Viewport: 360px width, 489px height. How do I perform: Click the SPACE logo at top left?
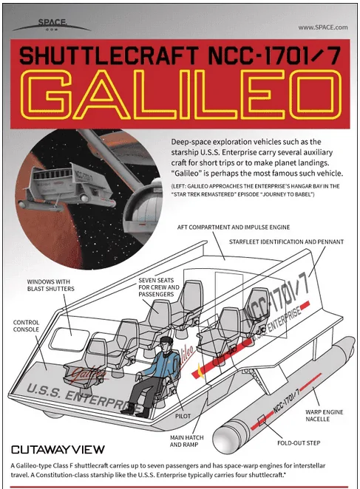coord(52,24)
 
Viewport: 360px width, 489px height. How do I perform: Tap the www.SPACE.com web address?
coord(323,27)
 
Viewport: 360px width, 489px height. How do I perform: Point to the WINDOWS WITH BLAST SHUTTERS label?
coord(50,285)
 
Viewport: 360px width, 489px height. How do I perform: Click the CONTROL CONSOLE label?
coord(26,326)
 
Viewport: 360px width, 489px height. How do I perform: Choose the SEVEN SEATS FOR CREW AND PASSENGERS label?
coord(159,287)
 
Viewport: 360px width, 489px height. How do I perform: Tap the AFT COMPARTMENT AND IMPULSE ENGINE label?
coord(234,228)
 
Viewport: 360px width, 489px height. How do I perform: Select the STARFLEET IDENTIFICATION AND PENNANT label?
coord(286,242)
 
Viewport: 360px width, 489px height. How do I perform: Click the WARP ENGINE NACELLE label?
coord(324,415)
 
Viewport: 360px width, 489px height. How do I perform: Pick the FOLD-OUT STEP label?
coord(299,443)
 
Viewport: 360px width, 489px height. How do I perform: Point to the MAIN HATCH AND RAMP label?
coord(187,441)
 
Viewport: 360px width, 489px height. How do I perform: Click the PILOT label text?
coord(183,416)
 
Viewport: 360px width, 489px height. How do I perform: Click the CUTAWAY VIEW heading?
coord(58,449)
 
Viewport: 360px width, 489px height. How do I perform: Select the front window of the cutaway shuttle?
coord(70,340)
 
